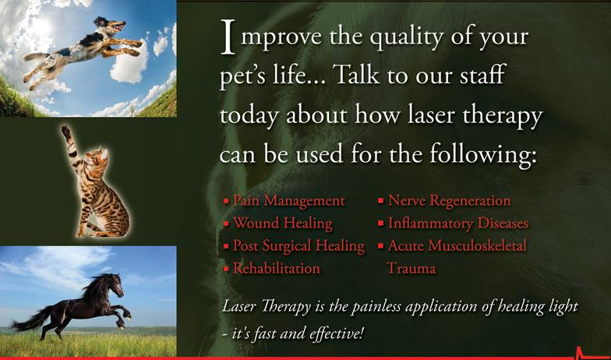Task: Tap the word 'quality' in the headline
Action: pos(405,37)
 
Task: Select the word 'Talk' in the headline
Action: pos(357,74)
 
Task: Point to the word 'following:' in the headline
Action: pos(483,154)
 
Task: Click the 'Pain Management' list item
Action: pos(288,201)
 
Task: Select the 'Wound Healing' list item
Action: pos(282,224)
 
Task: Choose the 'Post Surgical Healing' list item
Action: pos(298,246)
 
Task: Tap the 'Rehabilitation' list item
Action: pos(276,268)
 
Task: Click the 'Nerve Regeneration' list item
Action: pos(449,201)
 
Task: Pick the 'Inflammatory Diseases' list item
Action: pos(458,224)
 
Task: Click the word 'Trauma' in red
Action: pos(411,268)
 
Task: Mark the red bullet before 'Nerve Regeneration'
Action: pos(380,202)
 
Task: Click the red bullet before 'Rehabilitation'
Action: pos(226,269)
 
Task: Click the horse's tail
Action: pos(30,319)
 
